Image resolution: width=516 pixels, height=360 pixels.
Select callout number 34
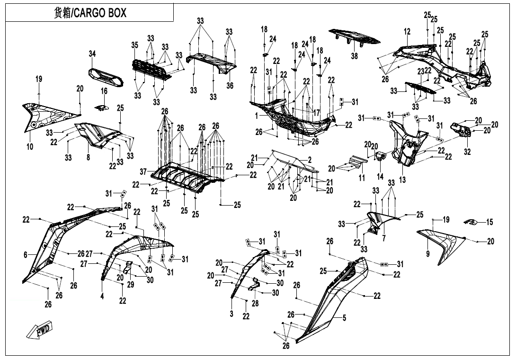coord(92,54)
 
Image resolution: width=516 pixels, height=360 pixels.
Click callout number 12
coord(407,32)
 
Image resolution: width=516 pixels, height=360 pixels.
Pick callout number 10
coord(30,147)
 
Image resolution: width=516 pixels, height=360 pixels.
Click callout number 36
coord(230,86)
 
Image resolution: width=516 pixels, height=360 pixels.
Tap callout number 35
coord(135,45)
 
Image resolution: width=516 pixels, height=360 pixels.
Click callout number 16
coord(104,91)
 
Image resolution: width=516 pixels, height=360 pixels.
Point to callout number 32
coord(468,152)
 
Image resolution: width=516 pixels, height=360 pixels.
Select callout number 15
coord(489,222)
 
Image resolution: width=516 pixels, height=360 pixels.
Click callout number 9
coord(428,254)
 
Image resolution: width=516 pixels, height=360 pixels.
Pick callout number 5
coord(345,318)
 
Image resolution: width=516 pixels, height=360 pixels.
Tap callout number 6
coord(26,255)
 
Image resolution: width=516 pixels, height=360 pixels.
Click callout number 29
coord(131,285)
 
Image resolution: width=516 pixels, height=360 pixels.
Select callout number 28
coord(255,303)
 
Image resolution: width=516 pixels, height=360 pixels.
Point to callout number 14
coord(380,176)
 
